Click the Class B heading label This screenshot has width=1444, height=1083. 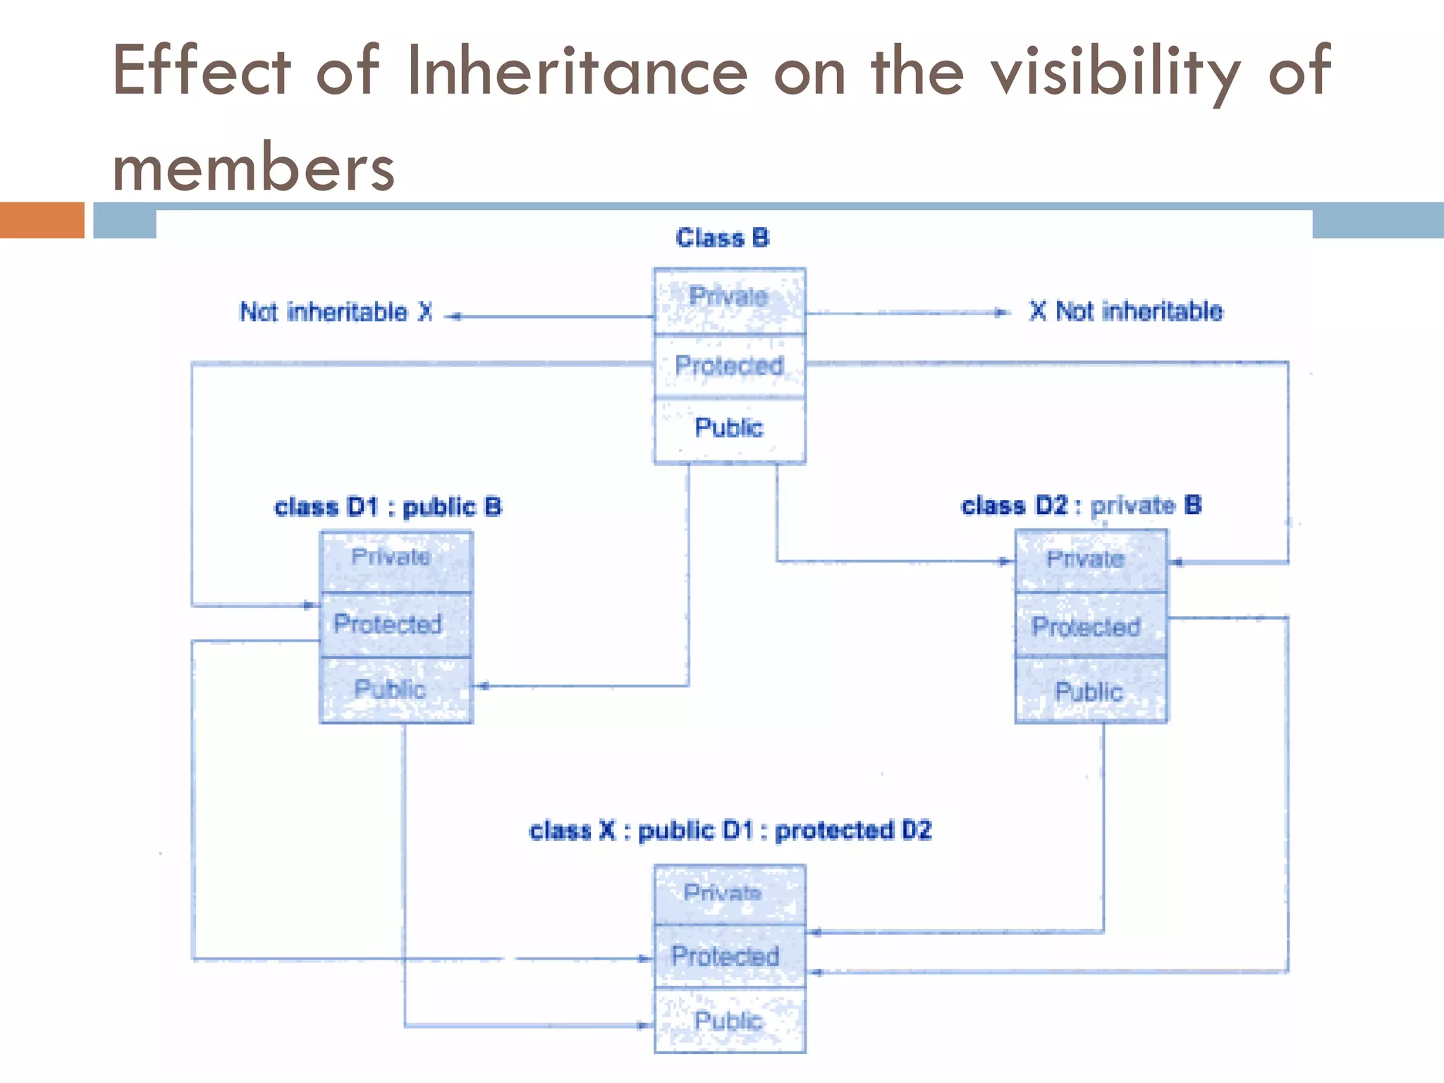(x=722, y=238)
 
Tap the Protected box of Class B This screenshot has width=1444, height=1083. (x=729, y=366)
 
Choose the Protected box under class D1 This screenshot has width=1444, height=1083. (x=396, y=625)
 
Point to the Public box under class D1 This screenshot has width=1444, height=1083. (x=396, y=690)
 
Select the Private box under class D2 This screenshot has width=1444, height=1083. (x=1090, y=561)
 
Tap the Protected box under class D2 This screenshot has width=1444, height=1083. (x=1090, y=625)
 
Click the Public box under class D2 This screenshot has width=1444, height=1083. (x=1090, y=690)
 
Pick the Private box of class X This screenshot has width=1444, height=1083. (x=729, y=894)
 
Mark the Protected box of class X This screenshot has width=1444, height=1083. (x=729, y=956)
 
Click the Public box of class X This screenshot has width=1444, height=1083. (x=729, y=1020)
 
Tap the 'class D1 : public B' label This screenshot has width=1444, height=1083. (x=388, y=507)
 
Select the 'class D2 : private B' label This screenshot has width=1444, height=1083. (x=1081, y=506)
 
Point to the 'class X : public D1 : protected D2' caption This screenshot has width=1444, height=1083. (x=730, y=831)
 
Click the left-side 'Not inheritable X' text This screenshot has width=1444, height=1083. (x=336, y=312)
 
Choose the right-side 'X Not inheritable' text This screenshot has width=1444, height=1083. (x=1126, y=311)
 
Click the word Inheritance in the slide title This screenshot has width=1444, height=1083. (x=577, y=71)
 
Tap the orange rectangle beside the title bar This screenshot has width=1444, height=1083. (x=42, y=220)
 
